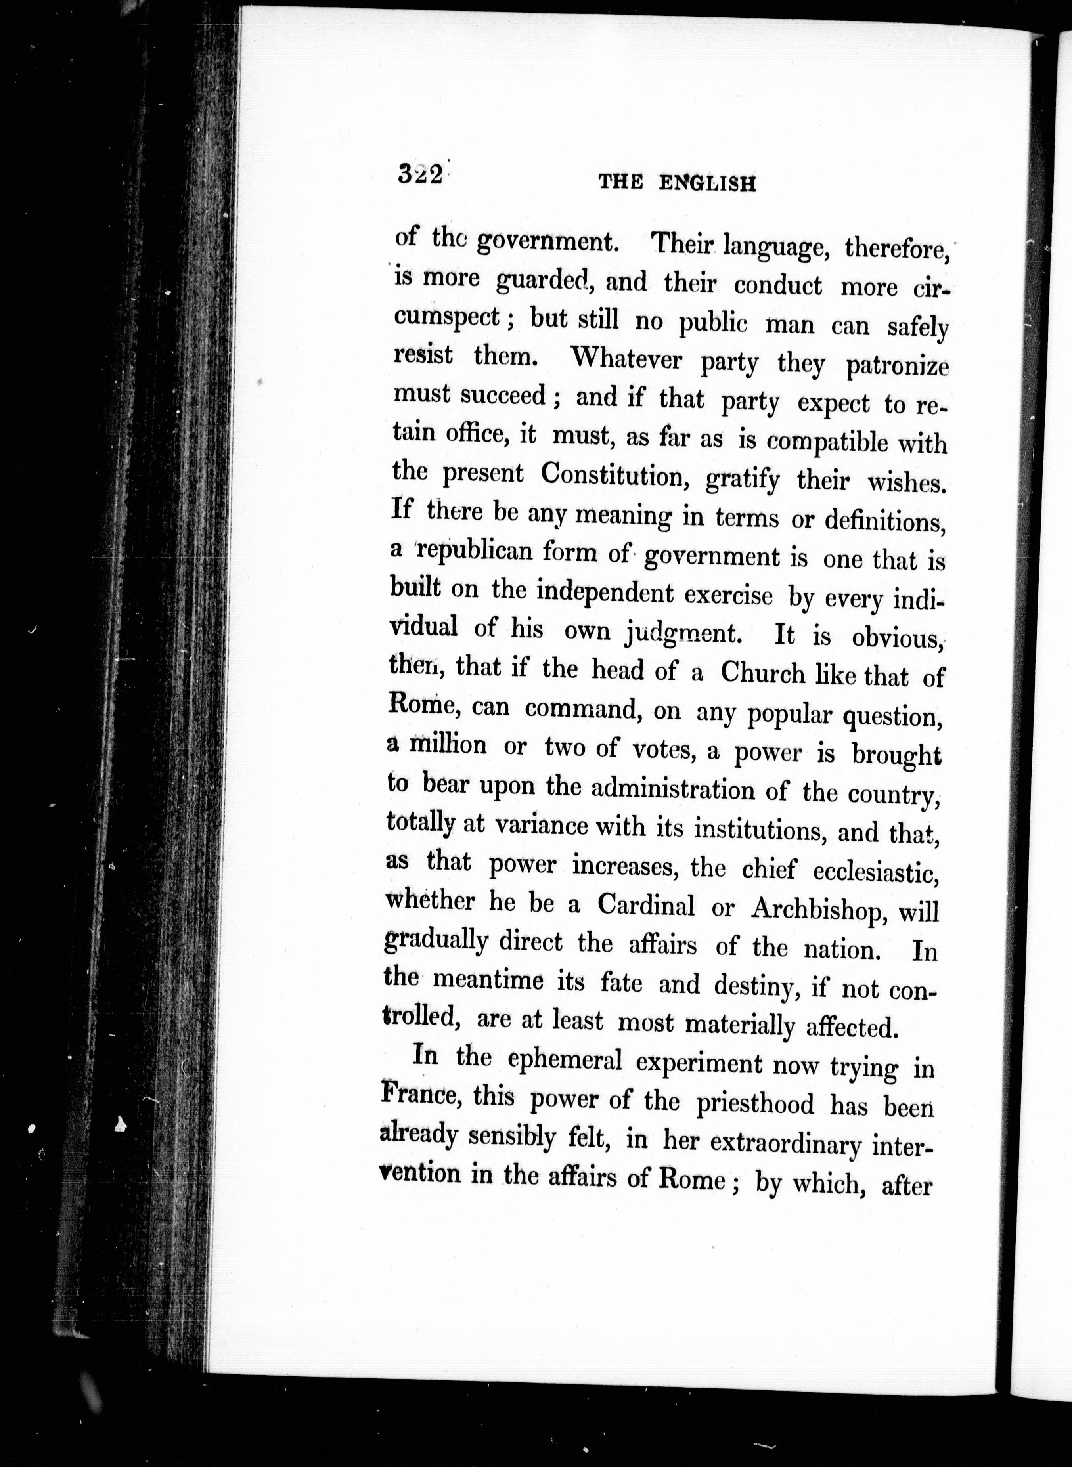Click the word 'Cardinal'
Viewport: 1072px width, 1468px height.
pyautogui.click(x=646, y=904)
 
